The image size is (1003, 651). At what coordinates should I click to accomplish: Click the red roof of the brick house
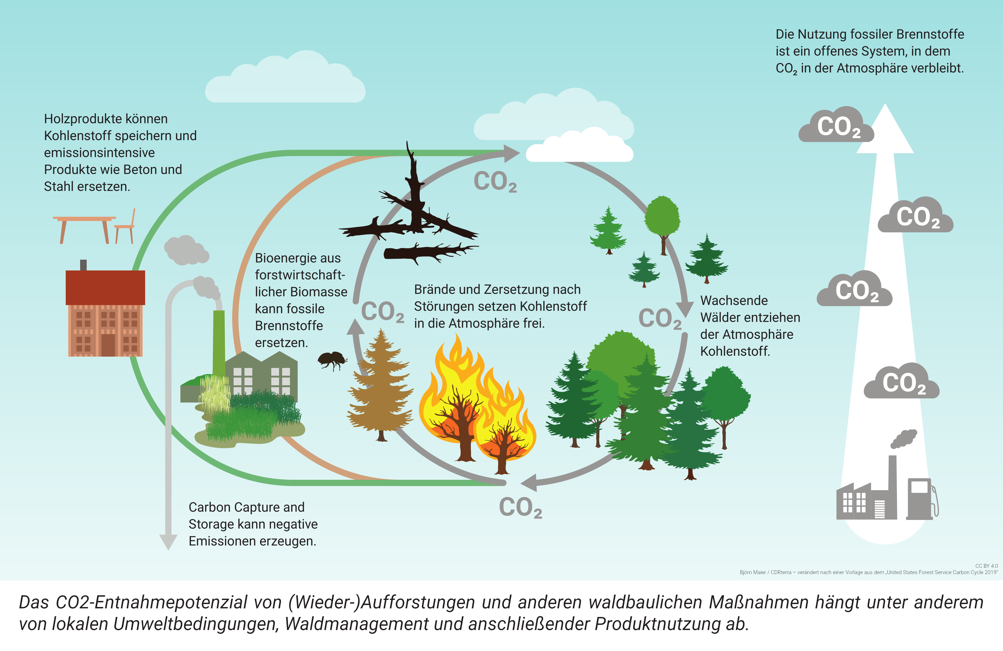pos(105,287)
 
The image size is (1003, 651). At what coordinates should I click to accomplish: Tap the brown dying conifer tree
pos(381,388)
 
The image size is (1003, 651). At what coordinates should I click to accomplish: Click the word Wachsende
pos(734,300)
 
